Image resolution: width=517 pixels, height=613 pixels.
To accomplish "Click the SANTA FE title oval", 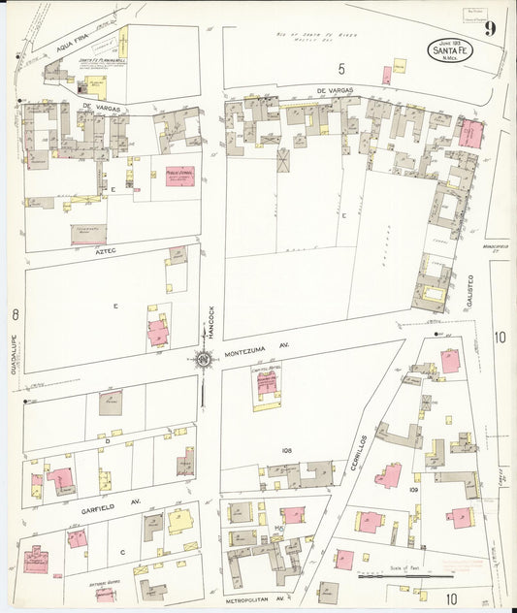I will coord(449,49).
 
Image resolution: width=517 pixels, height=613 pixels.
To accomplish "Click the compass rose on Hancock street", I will coord(204,361).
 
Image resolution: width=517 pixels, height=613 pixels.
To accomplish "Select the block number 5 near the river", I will coord(340,68).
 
